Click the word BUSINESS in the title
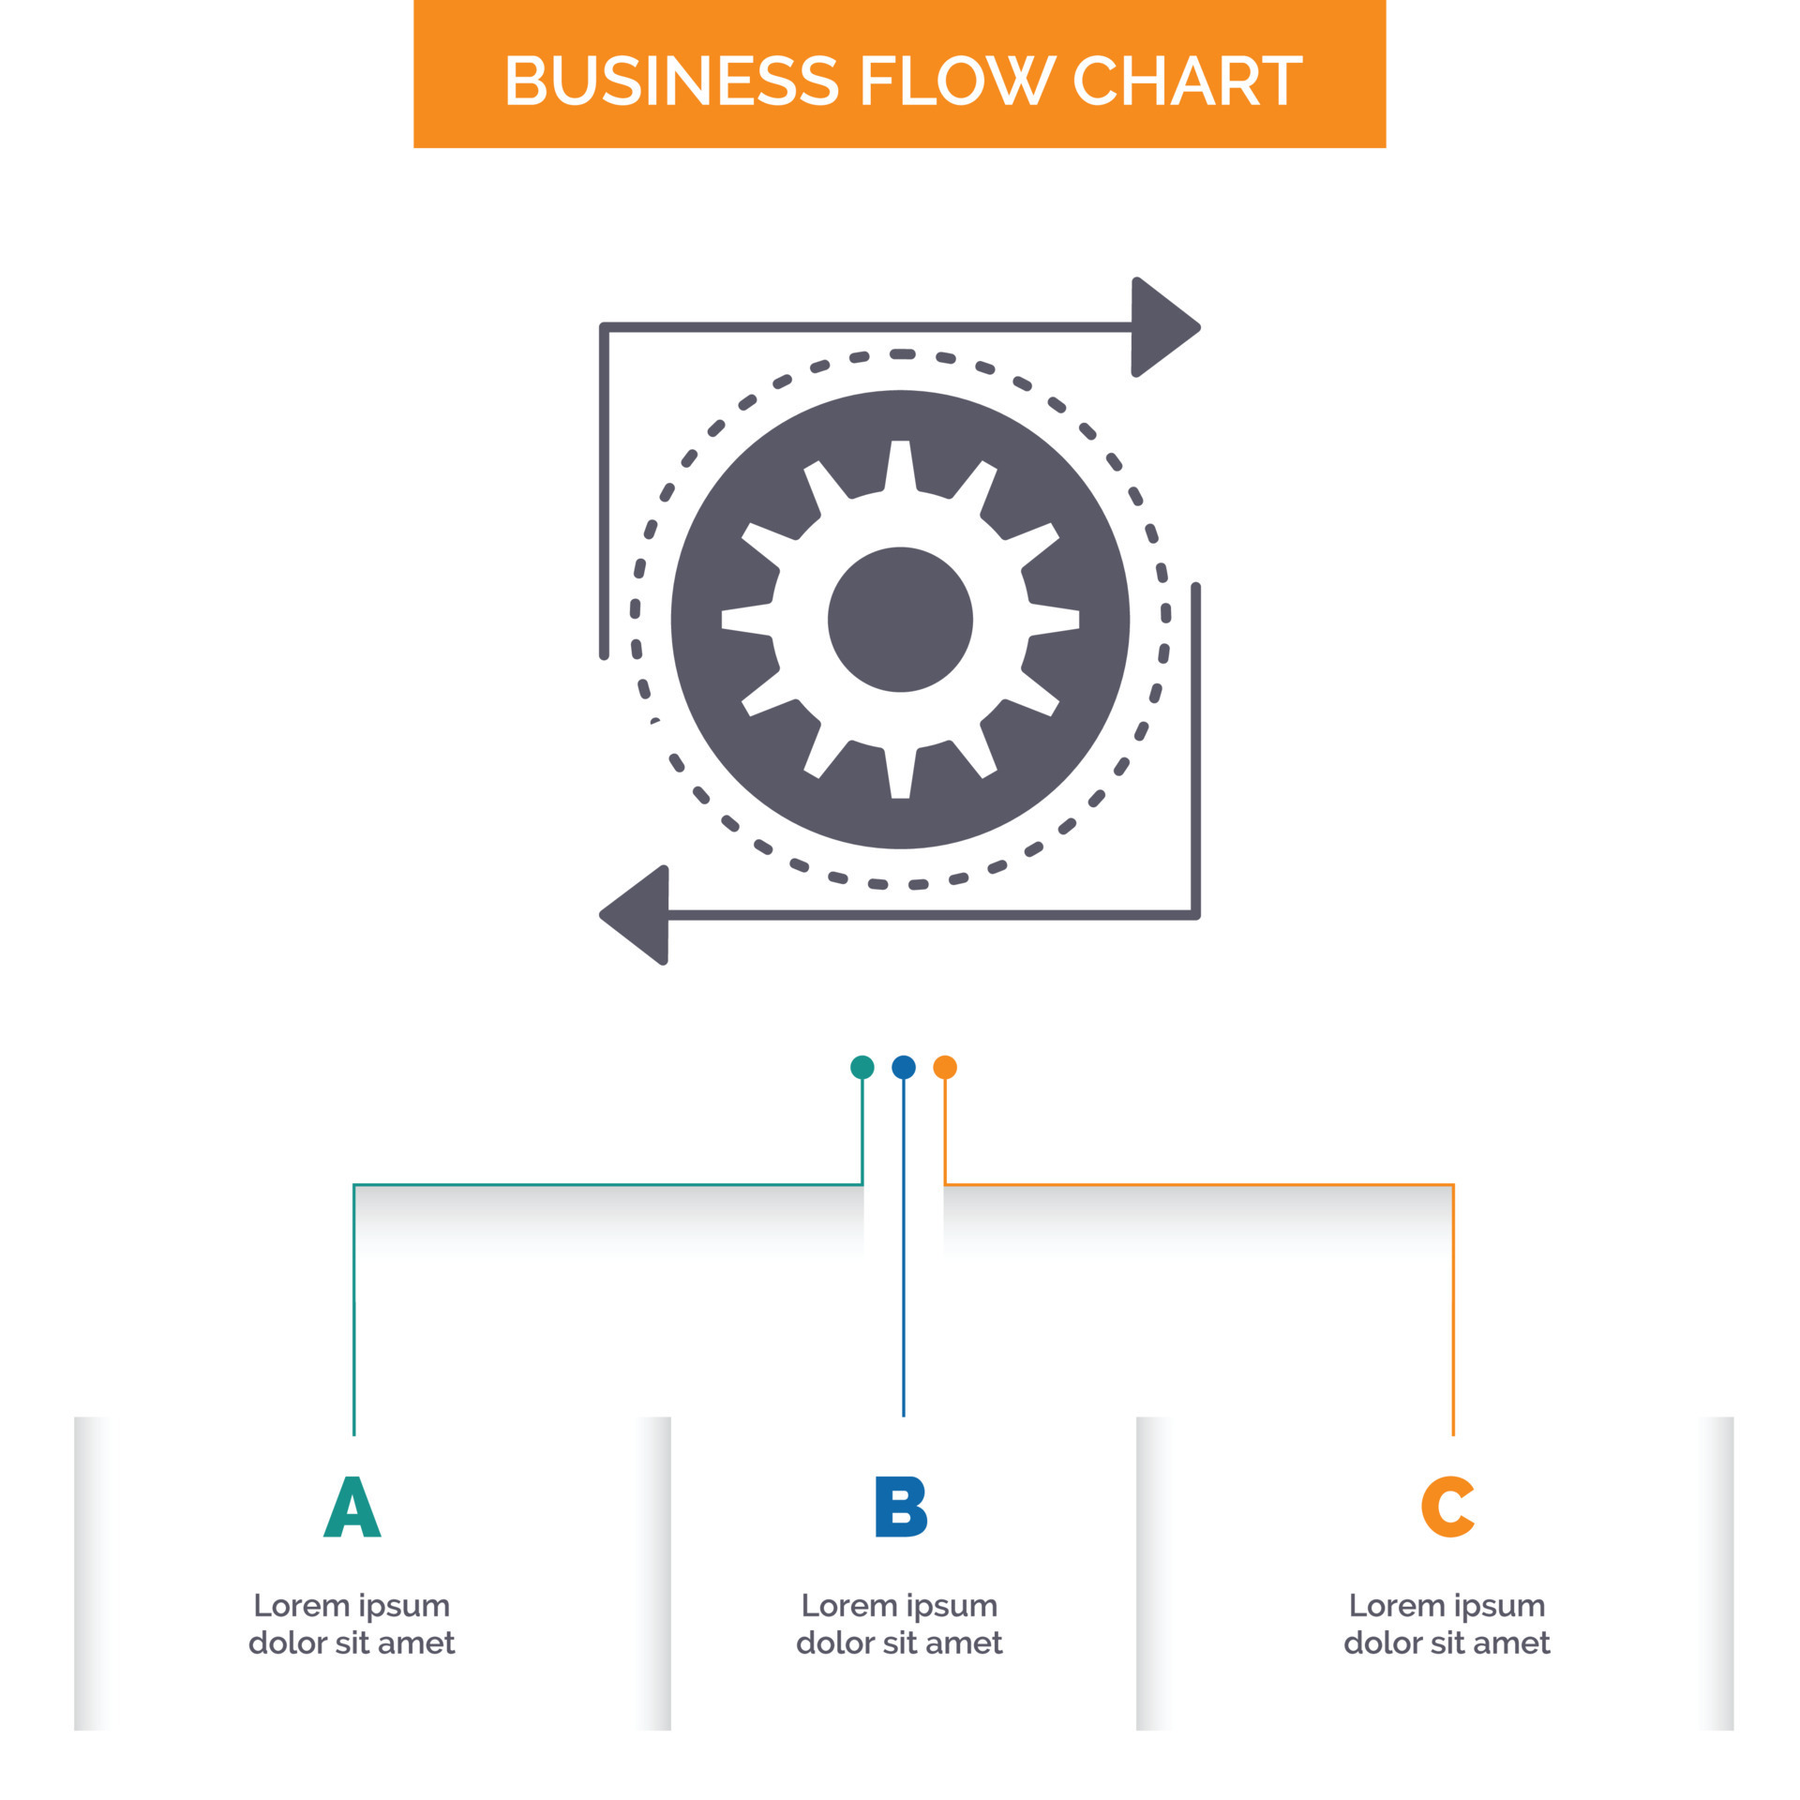[670, 81]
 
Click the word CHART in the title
[1186, 81]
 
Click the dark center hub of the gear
[900, 620]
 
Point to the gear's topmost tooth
[900, 462]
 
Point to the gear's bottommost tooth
[900, 777]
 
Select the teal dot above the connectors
[862, 1067]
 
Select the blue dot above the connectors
[903, 1067]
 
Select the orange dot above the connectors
[945, 1067]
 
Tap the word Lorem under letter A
[301, 1605]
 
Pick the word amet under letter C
[1509, 1642]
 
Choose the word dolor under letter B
[834, 1642]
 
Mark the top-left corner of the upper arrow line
[605, 327]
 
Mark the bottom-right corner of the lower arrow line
[1195, 914]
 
